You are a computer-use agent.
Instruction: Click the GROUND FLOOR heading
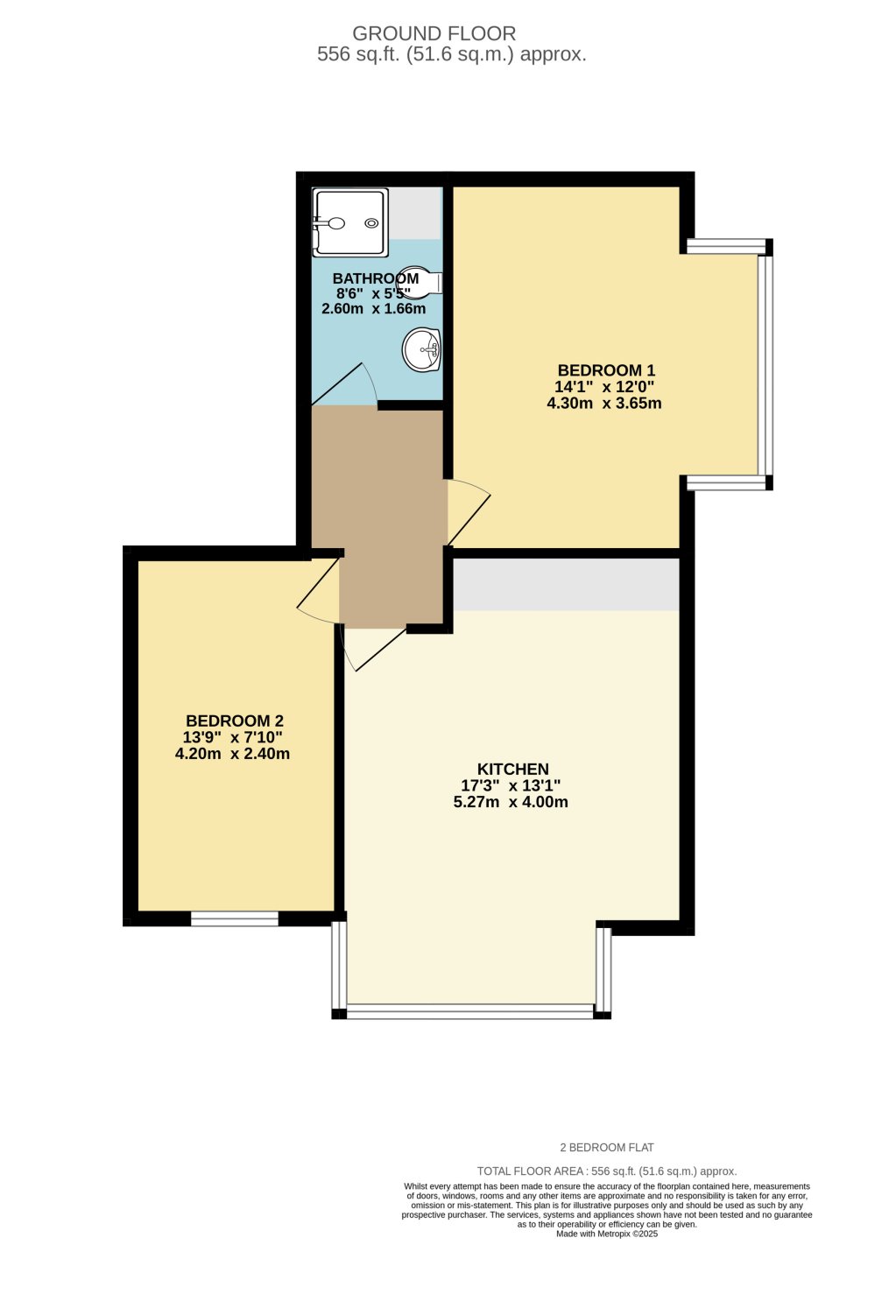point(434,33)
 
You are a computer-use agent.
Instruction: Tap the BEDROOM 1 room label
point(606,370)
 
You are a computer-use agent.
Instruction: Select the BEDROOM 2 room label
point(234,721)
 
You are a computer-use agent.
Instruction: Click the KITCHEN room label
point(512,769)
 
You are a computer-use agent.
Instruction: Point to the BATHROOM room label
point(376,278)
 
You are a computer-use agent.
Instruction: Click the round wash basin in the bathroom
point(422,349)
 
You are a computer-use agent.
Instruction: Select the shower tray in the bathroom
point(349,222)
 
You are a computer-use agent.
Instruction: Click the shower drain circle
point(371,223)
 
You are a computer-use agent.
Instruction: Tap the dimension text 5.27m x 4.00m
point(511,802)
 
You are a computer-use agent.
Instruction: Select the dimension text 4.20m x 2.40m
point(232,754)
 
